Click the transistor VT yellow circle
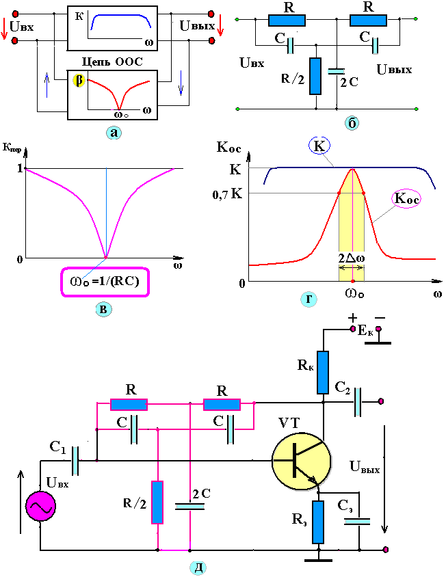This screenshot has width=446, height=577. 301,459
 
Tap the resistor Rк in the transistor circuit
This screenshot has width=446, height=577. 323,373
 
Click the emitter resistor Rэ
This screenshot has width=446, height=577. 317,522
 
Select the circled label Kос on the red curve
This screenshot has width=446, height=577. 406,198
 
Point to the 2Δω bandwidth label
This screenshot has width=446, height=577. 352,258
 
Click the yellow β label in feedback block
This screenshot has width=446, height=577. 79,81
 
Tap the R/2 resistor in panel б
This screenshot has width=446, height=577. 315,76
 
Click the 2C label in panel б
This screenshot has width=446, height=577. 349,83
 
